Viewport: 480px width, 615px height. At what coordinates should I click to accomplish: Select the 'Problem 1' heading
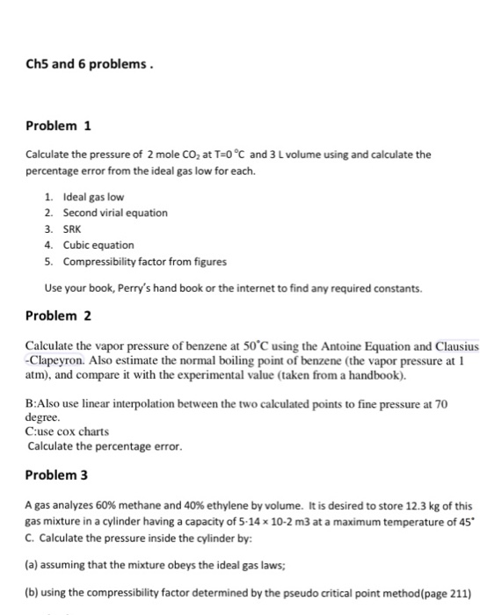pos(58,126)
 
